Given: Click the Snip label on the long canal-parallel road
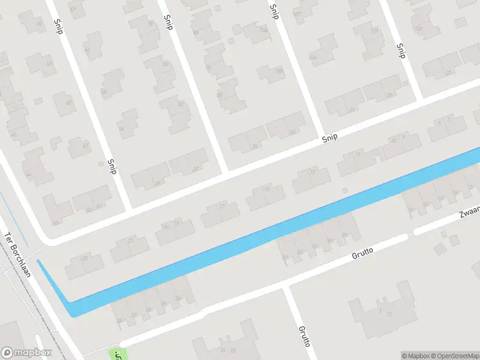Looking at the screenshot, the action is pyautogui.click(x=329, y=137).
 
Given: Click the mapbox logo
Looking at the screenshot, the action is pyautogui.click(x=26, y=353).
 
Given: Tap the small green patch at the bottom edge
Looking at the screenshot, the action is pyautogui.click(x=118, y=355).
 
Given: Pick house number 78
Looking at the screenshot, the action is pyautogui.click(x=151, y=25).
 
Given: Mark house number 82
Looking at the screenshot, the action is pyautogui.click(x=180, y=104).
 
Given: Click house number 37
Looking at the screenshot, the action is pyautogui.click(x=196, y=169).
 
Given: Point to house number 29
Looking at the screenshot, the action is pyautogui.click(x=344, y=235).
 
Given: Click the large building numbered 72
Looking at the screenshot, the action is pyautogui.click(x=388, y=314).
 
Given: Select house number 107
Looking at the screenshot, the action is pyautogui.click(x=296, y=14).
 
